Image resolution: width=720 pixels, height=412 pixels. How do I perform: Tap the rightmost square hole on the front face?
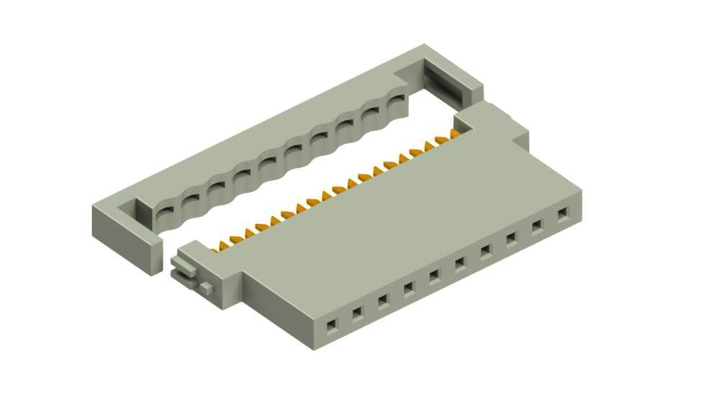point(563,214)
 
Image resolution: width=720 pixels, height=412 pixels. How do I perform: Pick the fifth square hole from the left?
point(434,275)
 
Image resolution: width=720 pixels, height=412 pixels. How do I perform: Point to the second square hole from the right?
point(538,226)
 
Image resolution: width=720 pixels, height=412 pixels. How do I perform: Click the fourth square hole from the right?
point(486,251)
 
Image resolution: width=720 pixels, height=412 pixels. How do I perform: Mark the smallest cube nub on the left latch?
point(206,286)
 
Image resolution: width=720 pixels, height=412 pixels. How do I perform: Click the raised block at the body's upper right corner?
point(496,120)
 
